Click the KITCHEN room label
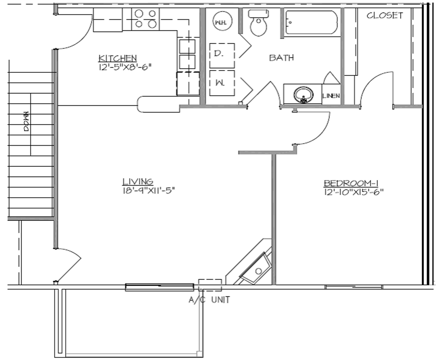(x=117, y=58)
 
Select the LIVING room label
(x=138, y=181)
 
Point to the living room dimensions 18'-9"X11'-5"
(x=149, y=190)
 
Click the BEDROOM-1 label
(x=350, y=183)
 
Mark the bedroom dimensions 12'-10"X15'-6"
(x=353, y=192)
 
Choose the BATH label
(x=281, y=58)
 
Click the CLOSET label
(x=385, y=16)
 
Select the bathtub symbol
(x=312, y=23)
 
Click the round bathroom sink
(x=303, y=94)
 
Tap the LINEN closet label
(x=331, y=96)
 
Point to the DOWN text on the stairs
(x=26, y=121)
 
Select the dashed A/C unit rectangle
(x=210, y=285)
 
